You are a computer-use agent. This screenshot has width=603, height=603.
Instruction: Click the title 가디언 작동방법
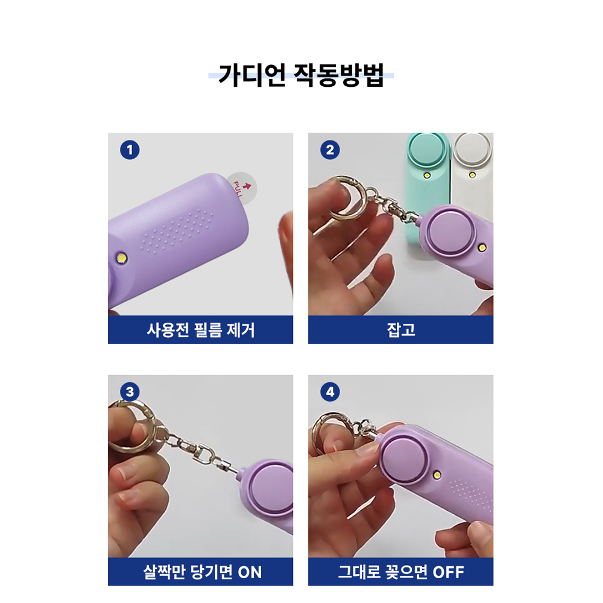point(301,75)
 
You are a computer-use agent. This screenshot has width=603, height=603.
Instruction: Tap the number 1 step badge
point(130,150)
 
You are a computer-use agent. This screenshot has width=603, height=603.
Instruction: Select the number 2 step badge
point(330,150)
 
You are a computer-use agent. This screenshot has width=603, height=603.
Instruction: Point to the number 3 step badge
point(130,392)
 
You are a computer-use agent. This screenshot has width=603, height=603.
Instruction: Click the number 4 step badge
point(330,392)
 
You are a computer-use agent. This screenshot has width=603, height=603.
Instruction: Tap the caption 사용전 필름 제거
point(200,330)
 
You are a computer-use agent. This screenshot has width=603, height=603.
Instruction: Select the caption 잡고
point(401,330)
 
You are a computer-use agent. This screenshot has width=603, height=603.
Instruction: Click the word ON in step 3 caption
point(250,572)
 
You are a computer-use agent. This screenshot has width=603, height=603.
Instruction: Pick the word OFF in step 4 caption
point(449,572)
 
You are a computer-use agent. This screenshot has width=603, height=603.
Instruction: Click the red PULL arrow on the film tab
point(247,186)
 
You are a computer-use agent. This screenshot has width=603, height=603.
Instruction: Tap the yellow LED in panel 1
point(122,257)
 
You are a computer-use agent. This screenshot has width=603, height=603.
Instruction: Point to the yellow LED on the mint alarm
point(427,175)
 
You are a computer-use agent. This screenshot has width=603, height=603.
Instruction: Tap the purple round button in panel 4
point(404,459)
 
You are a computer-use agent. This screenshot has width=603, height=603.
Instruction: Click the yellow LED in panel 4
point(437,475)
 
